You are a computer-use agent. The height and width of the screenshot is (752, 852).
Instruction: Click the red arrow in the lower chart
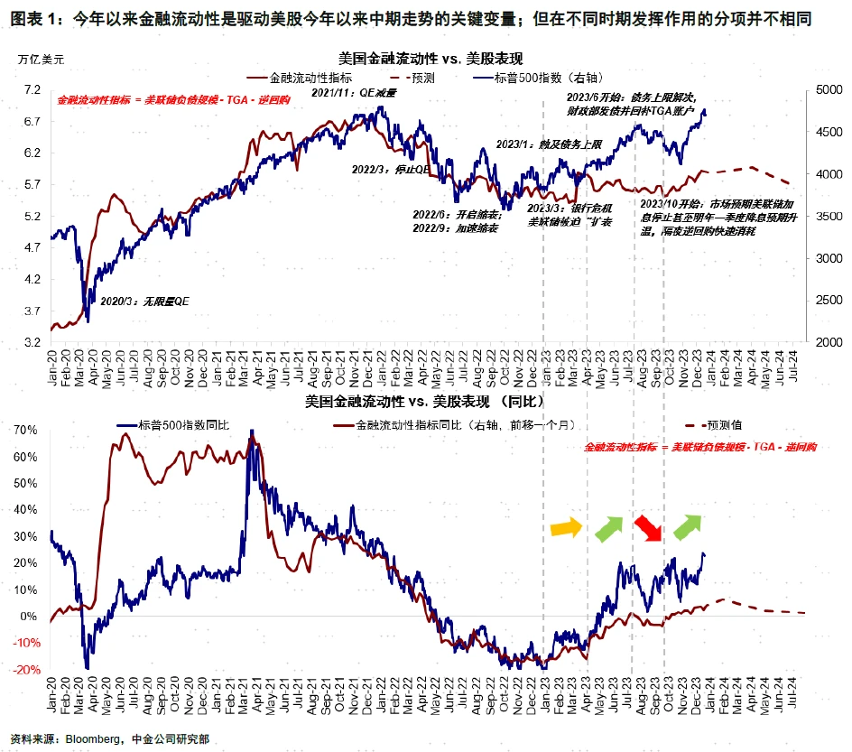(x=648, y=526)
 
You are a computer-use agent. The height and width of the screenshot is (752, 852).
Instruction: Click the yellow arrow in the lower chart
(x=567, y=526)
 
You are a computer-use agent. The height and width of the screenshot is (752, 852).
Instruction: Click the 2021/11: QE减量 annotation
(x=347, y=93)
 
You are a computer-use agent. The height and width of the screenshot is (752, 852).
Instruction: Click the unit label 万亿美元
(x=42, y=59)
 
